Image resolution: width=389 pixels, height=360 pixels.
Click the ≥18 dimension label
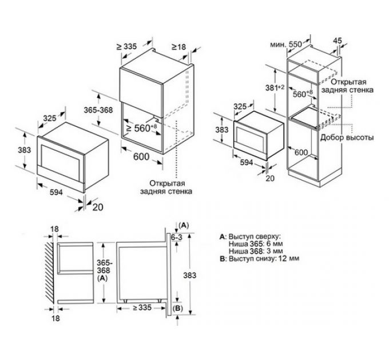[178, 47]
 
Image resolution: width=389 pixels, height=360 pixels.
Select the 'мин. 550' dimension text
[286, 45]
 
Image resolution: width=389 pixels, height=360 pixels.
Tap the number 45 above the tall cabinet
[338, 41]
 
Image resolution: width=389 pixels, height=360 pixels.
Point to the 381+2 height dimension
[275, 87]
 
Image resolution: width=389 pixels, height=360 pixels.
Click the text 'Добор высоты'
[347, 137]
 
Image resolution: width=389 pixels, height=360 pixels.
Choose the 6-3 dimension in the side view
[176, 237]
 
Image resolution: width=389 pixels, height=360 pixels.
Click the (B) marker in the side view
[178, 309]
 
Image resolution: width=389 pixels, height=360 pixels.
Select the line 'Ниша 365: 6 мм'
[256, 243]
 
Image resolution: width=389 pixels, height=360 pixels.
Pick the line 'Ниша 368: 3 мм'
[256, 251]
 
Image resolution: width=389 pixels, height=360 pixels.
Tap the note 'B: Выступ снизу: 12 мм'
[259, 258]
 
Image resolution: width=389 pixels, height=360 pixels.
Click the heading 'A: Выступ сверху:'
[251, 237]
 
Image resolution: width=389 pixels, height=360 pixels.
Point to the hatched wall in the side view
[50, 273]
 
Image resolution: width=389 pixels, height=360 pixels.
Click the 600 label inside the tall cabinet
[301, 153]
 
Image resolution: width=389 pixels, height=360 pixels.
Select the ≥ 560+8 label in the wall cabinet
[141, 128]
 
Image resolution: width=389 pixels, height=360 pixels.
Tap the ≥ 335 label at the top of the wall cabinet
[126, 46]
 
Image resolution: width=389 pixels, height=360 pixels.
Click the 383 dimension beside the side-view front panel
[189, 275]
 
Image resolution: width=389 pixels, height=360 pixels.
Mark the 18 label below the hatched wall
[56, 318]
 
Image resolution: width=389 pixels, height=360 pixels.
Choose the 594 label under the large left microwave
[56, 192]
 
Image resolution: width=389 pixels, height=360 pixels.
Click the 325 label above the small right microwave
[240, 106]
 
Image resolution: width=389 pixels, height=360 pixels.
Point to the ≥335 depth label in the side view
[142, 308]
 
